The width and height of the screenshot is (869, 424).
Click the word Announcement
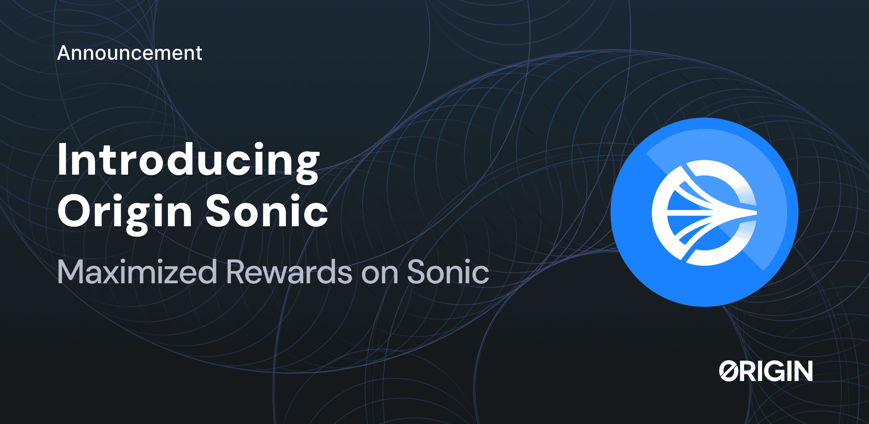tap(129, 53)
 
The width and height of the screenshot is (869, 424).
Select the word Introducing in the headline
tap(188, 161)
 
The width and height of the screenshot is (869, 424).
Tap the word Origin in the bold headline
tap(125, 212)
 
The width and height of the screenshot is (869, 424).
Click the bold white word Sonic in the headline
tap(267, 211)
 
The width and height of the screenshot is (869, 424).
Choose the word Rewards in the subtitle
tap(289, 272)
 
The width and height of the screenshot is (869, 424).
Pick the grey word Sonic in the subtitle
tap(448, 272)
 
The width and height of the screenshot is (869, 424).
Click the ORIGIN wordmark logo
tap(766, 371)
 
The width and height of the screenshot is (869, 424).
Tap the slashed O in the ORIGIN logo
tap(729, 371)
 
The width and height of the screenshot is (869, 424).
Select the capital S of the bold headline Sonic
tap(219, 211)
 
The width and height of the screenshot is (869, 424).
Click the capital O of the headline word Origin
tap(74, 211)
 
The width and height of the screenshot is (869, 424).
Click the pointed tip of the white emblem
tap(755, 212)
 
